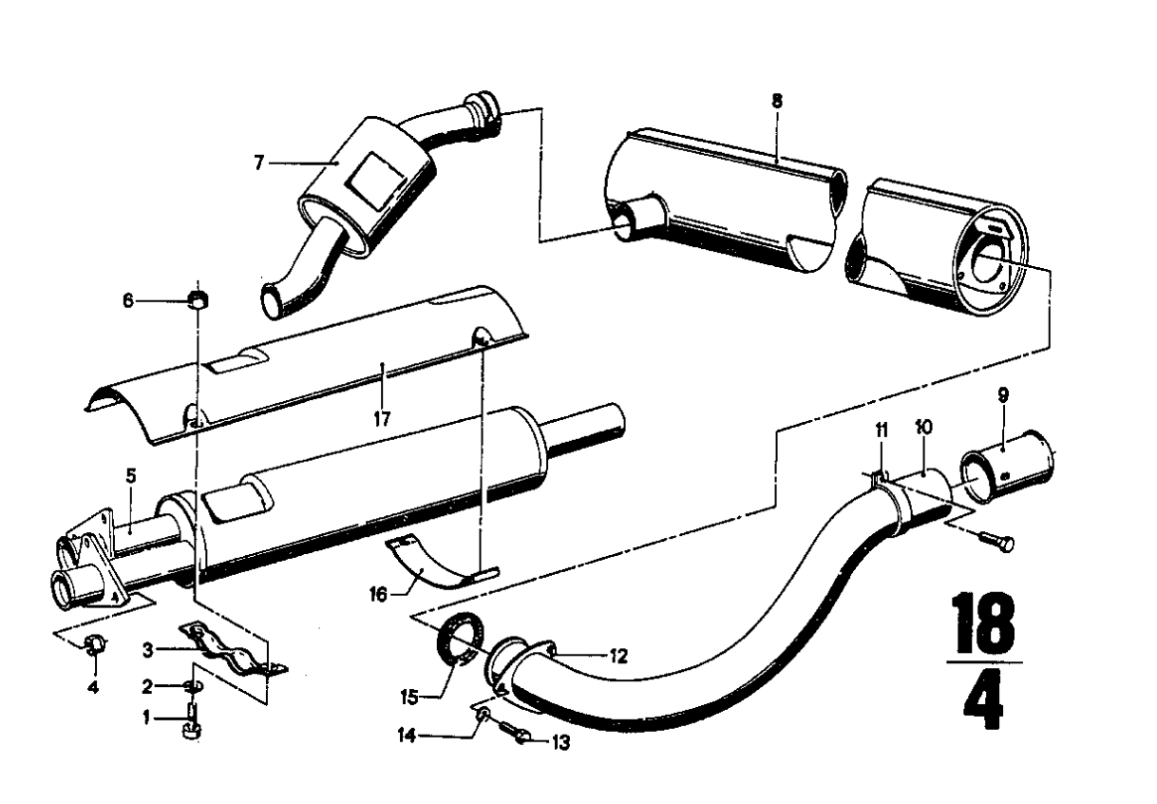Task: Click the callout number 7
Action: [258, 163]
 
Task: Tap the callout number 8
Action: [777, 102]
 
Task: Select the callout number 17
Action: [382, 419]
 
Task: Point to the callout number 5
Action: [131, 476]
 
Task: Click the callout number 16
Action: [378, 595]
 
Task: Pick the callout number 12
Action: [618, 657]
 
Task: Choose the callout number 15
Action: [409, 698]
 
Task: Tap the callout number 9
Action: [1002, 395]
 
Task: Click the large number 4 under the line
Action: [984, 700]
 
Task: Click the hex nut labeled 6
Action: [198, 299]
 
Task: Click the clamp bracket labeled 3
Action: [233, 652]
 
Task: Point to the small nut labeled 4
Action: [95, 644]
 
